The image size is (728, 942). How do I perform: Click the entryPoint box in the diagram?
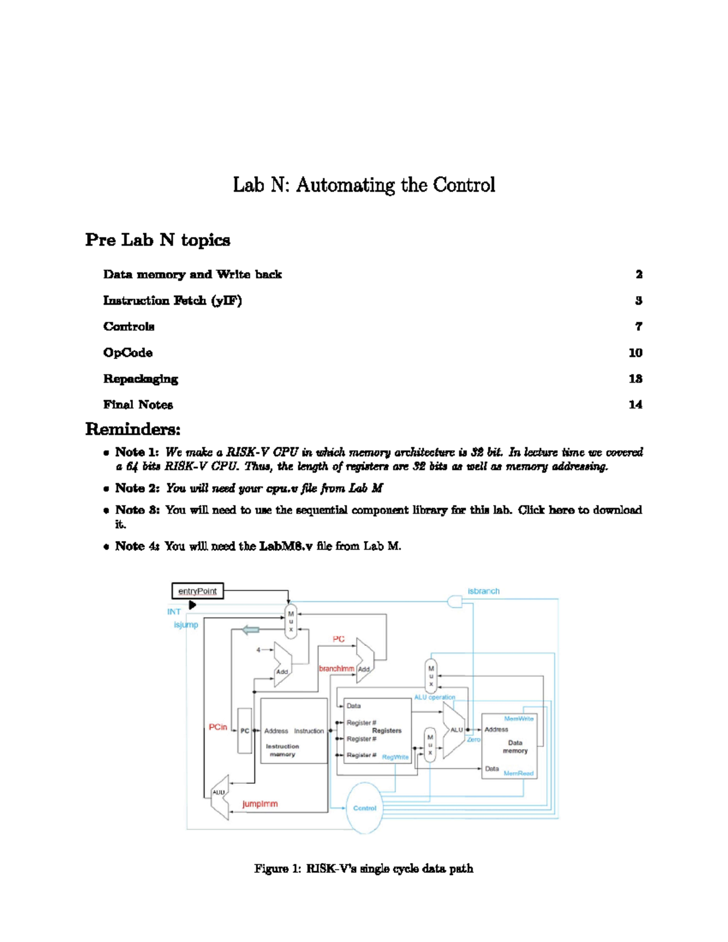pyautogui.click(x=198, y=591)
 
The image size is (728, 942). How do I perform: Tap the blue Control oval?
pyautogui.click(x=365, y=808)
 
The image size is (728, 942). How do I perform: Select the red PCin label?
pyautogui.click(x=218, y=727)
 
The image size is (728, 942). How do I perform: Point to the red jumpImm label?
pyautogui.click(x=260, y=804)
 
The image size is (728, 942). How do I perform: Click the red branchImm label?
pyautogui.click(x=336, y=668)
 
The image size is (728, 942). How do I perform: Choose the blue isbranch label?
pyautogui.click(x=484, y=591)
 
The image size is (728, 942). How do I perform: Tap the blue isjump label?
pyautogui.click(x=186, y=625)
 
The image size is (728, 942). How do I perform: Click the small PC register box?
pyautogui.click(x=244, y=731)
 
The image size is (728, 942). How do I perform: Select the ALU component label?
pyautogui.click(x=456, y=730)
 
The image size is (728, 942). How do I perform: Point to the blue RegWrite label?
pyautogui.click(x=395, y=757)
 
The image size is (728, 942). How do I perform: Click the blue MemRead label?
pyautogui.click(x=518, y=773)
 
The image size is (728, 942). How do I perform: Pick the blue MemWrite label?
pyautogui.click(x=519, y=719)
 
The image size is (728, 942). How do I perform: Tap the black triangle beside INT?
pyautogui.click(x=192, y=605)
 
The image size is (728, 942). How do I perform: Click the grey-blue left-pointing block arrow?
pyautogui.click(x=251, y=630)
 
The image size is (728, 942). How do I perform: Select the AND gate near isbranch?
pyautogui.click(x=454, y=601)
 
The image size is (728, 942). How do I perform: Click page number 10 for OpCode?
pyautogui.click(x=635, y=352)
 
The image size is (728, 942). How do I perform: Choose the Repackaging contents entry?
pyautogui.click(x=141, y=378)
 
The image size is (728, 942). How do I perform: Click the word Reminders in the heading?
pyautogui.click(x=133, y=429)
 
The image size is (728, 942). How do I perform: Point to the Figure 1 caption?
pyautogui.click(x=363, y=869)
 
